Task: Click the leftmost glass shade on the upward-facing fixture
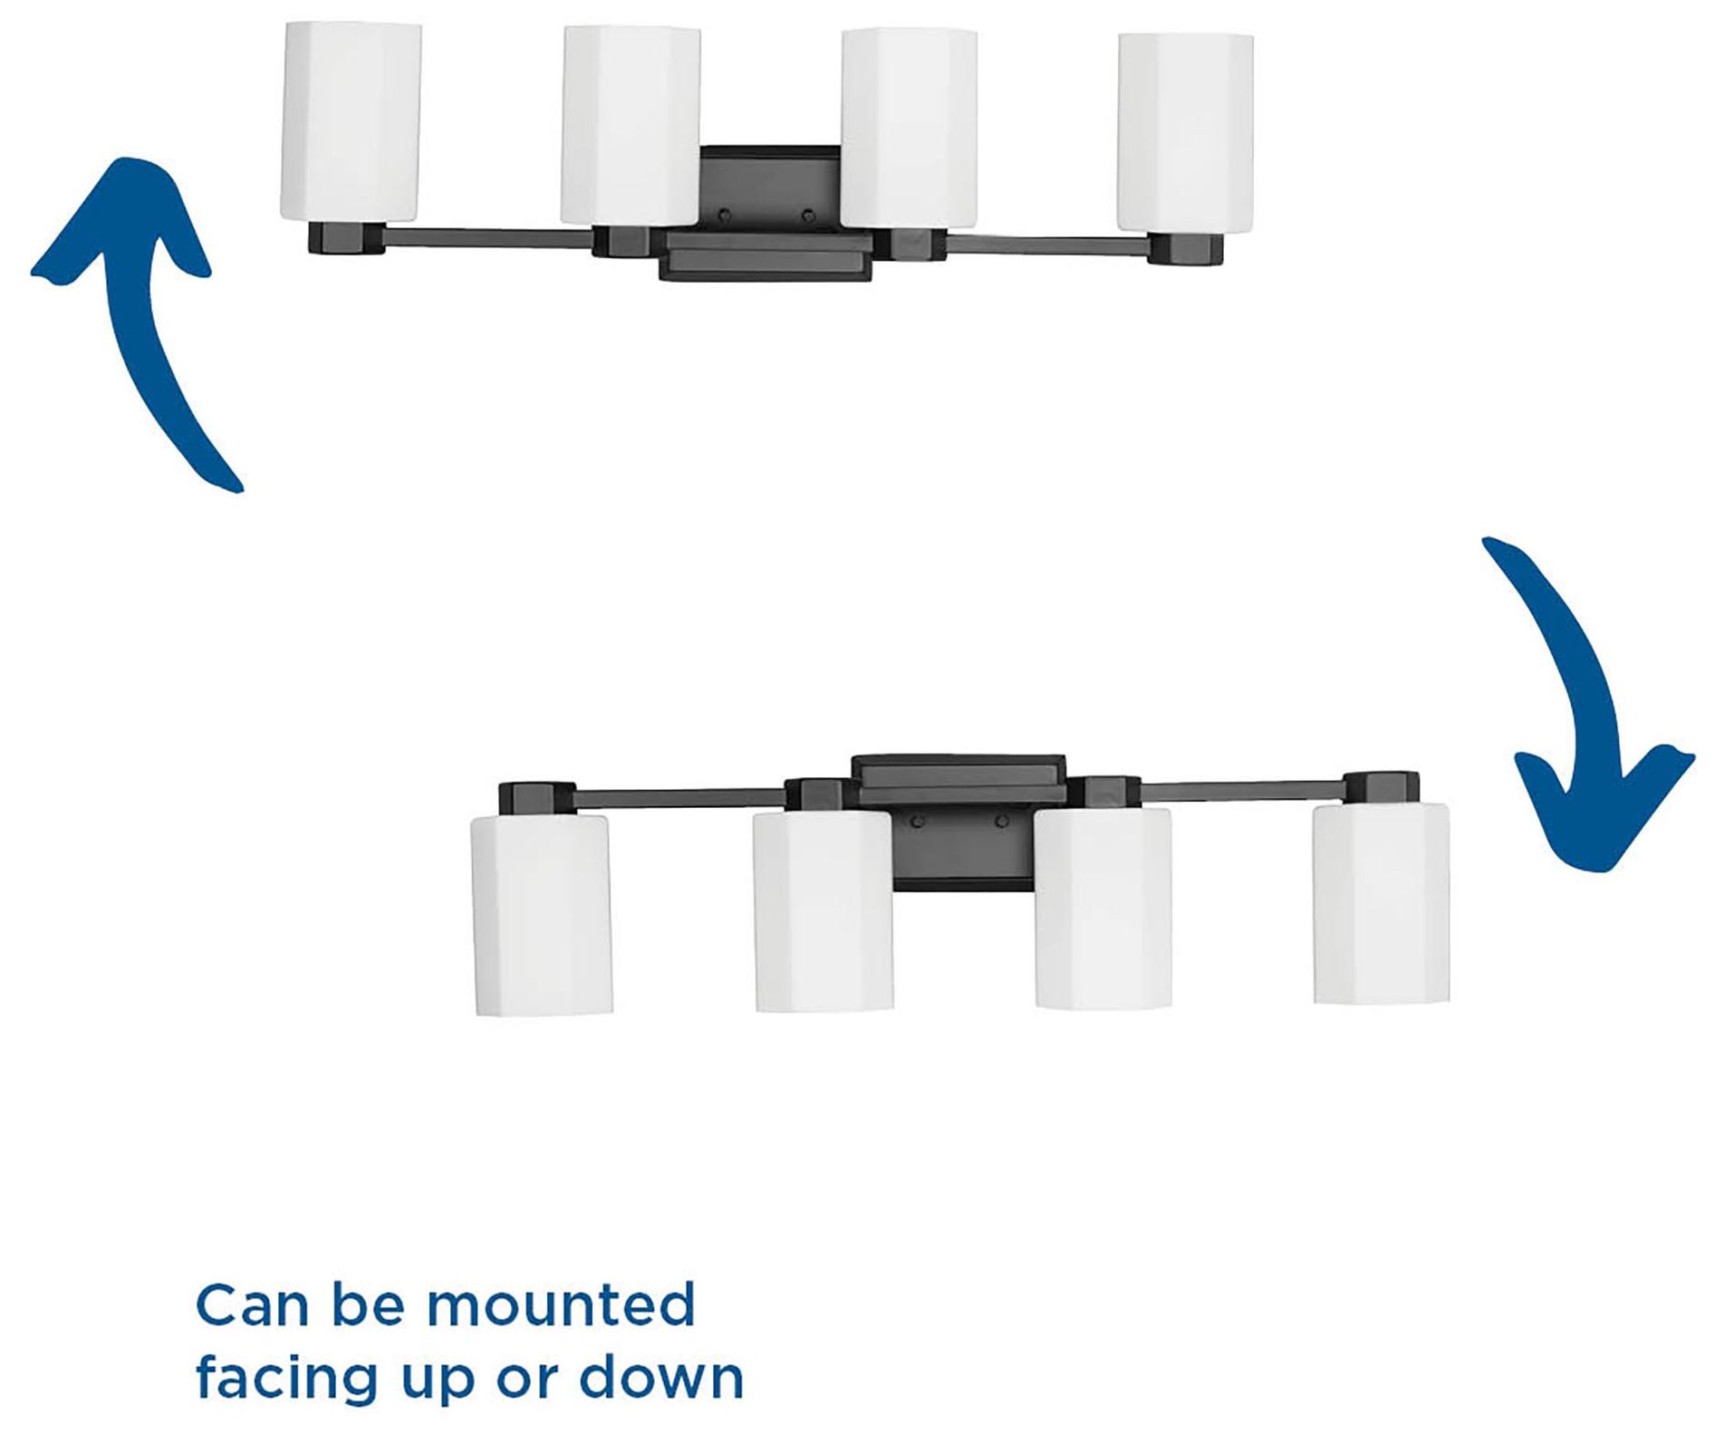coord(352,121)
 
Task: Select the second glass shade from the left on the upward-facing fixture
coord(630,125)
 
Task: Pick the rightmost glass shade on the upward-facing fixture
coord(1185,132)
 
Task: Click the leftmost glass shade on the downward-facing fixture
coord(542,914)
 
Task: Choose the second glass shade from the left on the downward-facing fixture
coord(824,910)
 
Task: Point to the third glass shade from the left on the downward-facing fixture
coord(1103,908)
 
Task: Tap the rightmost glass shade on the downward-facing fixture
coord(1381,903)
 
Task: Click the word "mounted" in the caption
coord(561,1305)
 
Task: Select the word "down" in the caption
coord(661,1378)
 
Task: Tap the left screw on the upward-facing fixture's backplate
coord(724,216)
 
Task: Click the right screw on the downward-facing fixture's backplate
coord(1002,822)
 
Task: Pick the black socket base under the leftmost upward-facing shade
coord(348,239)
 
